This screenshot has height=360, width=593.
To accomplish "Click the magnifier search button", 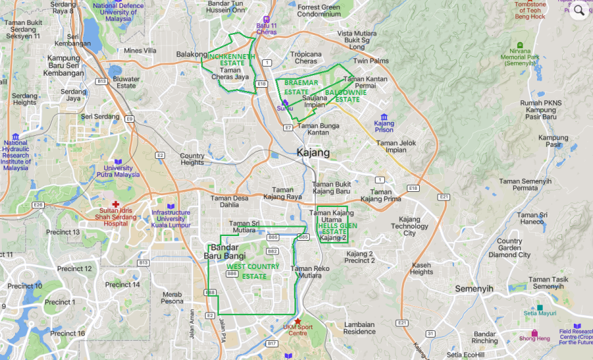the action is [579, 11].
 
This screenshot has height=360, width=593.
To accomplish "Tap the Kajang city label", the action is [313, 153].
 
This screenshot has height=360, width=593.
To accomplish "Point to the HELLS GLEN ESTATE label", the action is [333, 228].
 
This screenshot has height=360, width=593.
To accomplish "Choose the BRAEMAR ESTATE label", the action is [301, 86].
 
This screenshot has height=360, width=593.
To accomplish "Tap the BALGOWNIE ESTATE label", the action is [343, 96].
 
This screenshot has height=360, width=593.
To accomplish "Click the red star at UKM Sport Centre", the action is [298, 321].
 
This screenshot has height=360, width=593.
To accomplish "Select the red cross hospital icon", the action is [116, 204].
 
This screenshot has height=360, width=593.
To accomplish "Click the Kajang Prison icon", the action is [383, 117].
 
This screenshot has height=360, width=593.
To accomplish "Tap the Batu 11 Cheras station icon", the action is [266, 20].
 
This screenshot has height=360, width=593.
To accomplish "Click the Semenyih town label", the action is [474, 289].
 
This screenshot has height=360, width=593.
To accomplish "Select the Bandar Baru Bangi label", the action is [224, 251].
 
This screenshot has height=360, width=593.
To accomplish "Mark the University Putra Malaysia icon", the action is [118, 162].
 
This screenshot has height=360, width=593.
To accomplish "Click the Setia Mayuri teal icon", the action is [540, 307].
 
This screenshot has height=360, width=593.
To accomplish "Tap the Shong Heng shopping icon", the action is [534, 332].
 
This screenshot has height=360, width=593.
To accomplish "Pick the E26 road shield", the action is [38, 204].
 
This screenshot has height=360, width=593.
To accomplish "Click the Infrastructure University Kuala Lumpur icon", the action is [171, 206].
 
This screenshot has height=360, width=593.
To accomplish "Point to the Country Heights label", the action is [192, 159].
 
